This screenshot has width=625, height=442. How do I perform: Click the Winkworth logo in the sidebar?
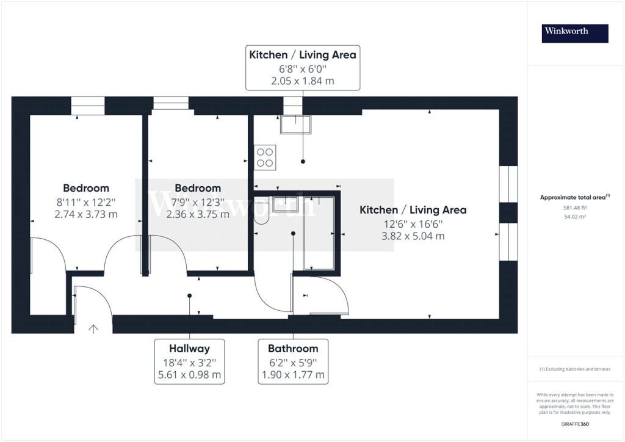click(x=575, y=34)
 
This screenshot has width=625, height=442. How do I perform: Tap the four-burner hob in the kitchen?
click(x=265, y=158)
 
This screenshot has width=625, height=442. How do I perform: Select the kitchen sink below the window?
click(x=295, y=125)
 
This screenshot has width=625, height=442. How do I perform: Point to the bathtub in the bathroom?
click(x=319, y=233)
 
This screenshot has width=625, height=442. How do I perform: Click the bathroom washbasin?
click(x=286, y=204)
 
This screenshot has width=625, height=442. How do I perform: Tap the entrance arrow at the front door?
click(x=93, y=329)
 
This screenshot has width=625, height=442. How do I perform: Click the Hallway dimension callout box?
click(x=189, y=361)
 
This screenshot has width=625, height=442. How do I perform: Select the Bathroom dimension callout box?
click(x=293, y=361)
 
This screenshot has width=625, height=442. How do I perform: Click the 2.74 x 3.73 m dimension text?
click(x=86, y=214)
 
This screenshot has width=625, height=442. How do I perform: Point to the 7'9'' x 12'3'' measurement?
click(x=198, y=202)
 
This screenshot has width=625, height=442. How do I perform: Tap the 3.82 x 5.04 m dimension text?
click(x=413, y=236)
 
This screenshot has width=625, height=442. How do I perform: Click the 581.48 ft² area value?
click(x=575, y=208)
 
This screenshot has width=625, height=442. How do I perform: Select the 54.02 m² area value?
click(x=575, y=217)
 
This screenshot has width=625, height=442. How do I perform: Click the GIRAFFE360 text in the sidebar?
click(x=575, y=424)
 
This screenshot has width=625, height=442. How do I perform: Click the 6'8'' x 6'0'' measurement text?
click(x=303, y=69)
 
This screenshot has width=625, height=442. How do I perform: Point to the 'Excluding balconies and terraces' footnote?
click(x=575, y=369)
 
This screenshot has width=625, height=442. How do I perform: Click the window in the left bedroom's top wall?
click(x=88, y=106)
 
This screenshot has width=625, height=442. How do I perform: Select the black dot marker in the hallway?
click(x=189, y=295)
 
